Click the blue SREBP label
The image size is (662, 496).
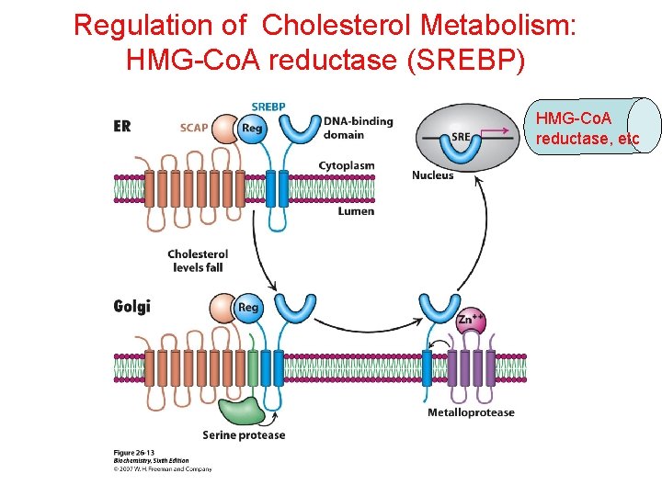tap(268, 107)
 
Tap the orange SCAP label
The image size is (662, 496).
tap(194, 128)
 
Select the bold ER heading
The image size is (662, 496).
tap(122, 127)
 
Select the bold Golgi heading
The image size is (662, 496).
tap(131, 306)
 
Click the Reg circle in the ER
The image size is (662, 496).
tap(251, 129)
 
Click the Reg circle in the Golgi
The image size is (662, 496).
tap(248, 308)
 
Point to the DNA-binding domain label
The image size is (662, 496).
tap(358, 128)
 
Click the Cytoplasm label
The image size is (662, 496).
tap(347, 165)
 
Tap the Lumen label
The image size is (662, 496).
tap(356, 211)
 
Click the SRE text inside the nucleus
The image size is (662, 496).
tap(462, 136)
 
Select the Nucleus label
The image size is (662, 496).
tap(432, 175)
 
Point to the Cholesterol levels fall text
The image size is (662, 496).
tap(198, 260)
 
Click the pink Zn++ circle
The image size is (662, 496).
tap(472, 319)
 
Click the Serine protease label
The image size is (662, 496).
tap(244, 435)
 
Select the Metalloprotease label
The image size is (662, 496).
tap(471, 412)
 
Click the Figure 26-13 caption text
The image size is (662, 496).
tap(133, 453)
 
